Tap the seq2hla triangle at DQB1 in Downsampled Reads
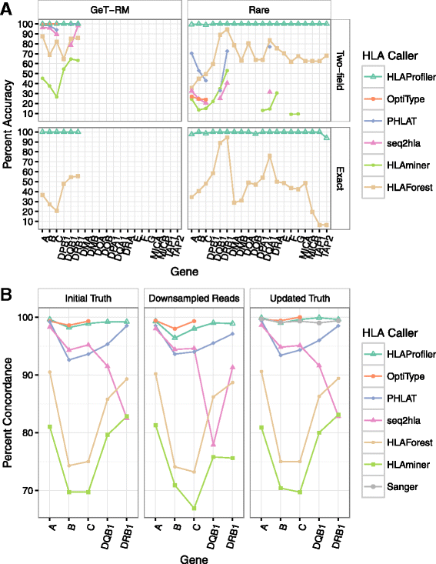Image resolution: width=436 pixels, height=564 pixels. tap(212, 444)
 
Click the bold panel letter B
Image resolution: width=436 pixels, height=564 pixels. tap(7, 292)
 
